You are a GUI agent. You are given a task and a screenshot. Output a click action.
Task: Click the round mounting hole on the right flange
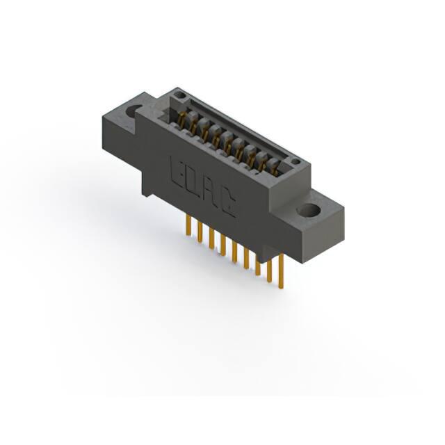click(308, 210)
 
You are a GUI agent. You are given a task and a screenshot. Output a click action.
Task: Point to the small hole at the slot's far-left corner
click(179, 95)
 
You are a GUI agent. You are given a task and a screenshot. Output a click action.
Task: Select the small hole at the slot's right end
click(296, 162)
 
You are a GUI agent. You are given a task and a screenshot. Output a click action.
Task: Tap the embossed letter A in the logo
click(210, 192)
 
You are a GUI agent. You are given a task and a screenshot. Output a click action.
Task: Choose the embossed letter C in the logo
click(227, 202)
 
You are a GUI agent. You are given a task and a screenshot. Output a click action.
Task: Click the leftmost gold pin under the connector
click(188, 225)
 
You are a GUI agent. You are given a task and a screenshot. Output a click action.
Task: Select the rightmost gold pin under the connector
click(281, 271)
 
